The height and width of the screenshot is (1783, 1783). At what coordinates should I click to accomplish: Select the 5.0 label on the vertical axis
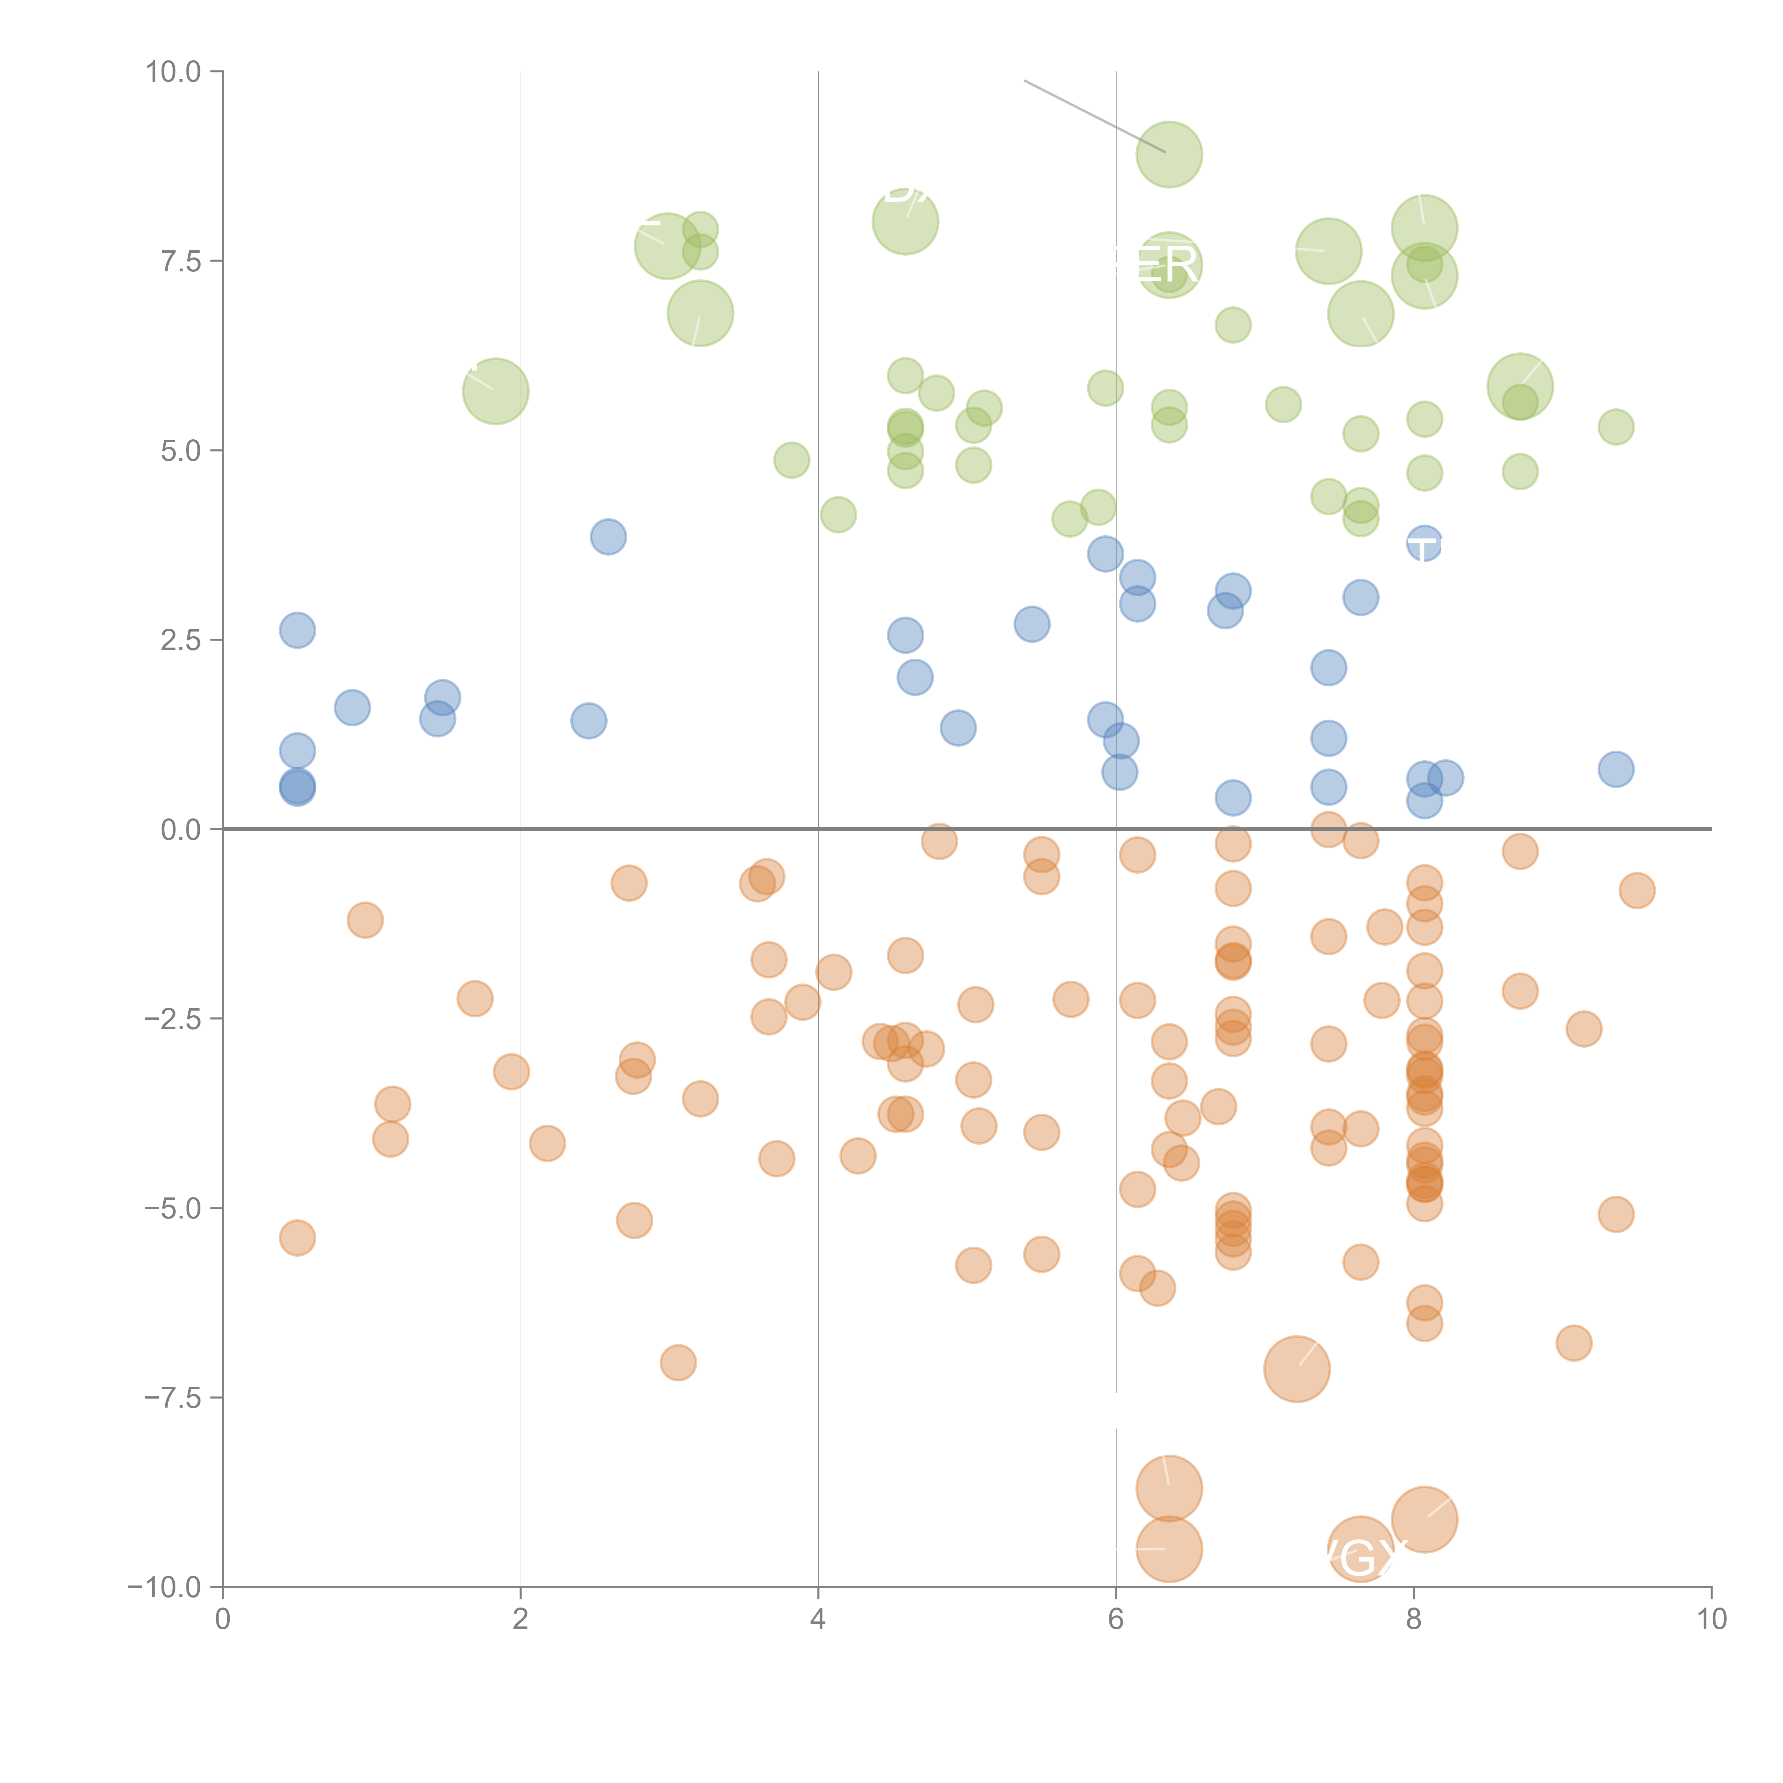(180, 451)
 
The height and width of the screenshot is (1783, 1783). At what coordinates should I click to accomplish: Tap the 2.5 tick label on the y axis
(180, 640)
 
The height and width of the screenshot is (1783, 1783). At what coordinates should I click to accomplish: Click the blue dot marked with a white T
(1424, 545)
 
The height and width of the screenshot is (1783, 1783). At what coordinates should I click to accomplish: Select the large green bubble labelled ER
(1168, 265)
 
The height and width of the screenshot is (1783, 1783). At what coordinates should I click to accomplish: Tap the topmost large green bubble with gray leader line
(1168, 154)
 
